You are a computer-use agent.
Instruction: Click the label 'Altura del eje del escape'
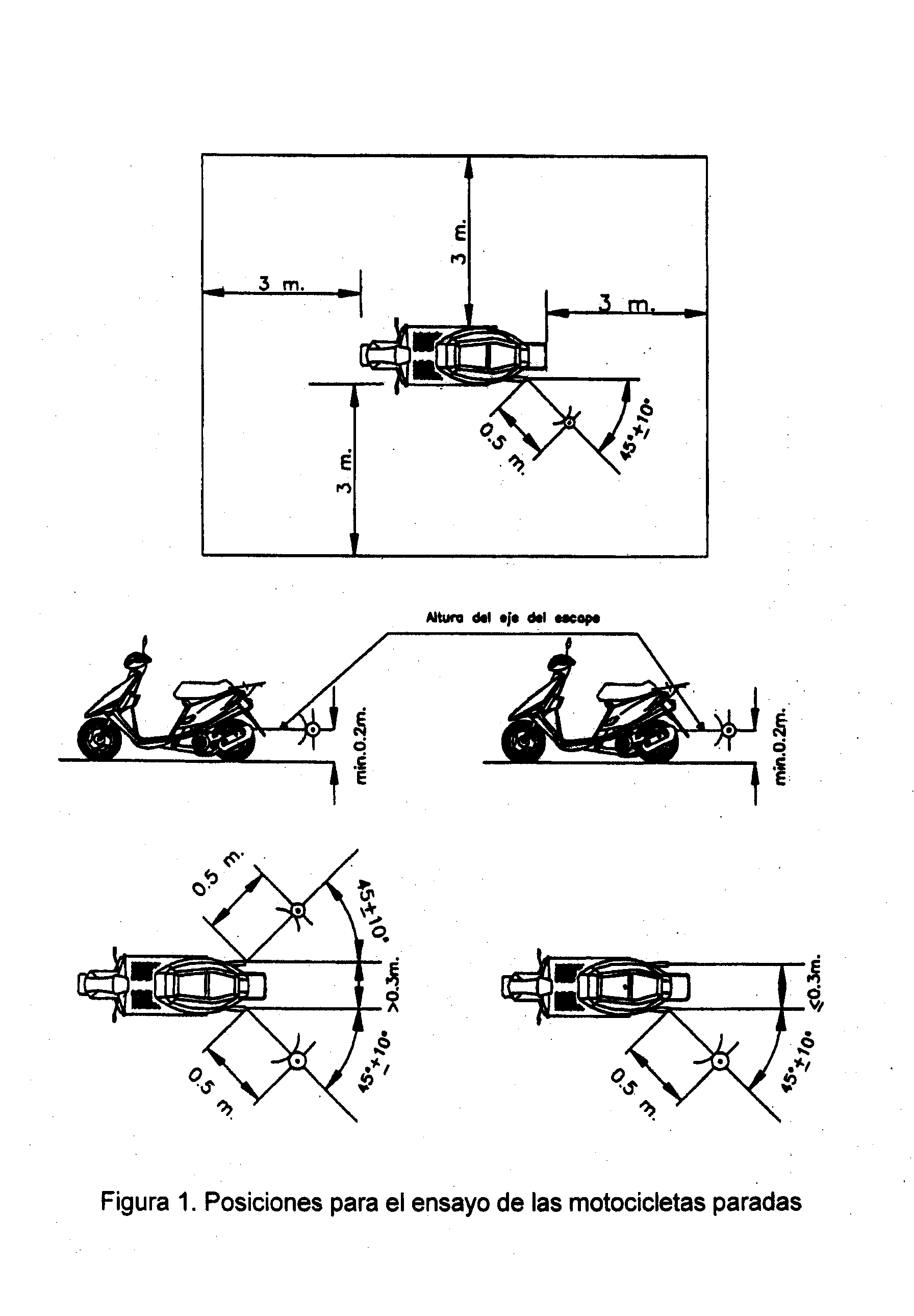(x=513, y=617)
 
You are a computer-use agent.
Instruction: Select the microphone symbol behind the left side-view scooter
(x=313, y=729)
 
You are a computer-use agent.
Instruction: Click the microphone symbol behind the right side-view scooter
(x=729, y=731)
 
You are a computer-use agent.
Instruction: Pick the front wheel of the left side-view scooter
(x=99, y=741)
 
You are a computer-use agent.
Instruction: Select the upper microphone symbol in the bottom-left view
(x=297, y=909)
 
